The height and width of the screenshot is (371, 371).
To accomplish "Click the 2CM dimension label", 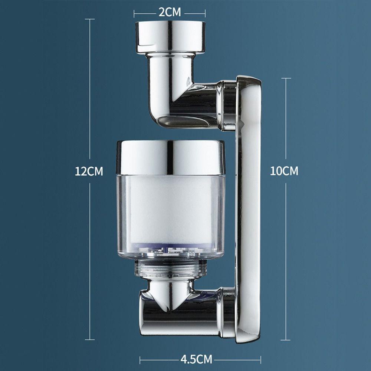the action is click(170, 12).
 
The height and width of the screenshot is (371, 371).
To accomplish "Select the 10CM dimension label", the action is click(284, 171).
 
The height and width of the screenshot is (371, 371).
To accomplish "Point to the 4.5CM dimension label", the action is click(196, 359).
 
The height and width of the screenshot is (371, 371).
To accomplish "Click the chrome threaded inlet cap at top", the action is click(170, 37).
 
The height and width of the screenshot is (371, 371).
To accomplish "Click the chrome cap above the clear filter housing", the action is click(171, 158).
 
